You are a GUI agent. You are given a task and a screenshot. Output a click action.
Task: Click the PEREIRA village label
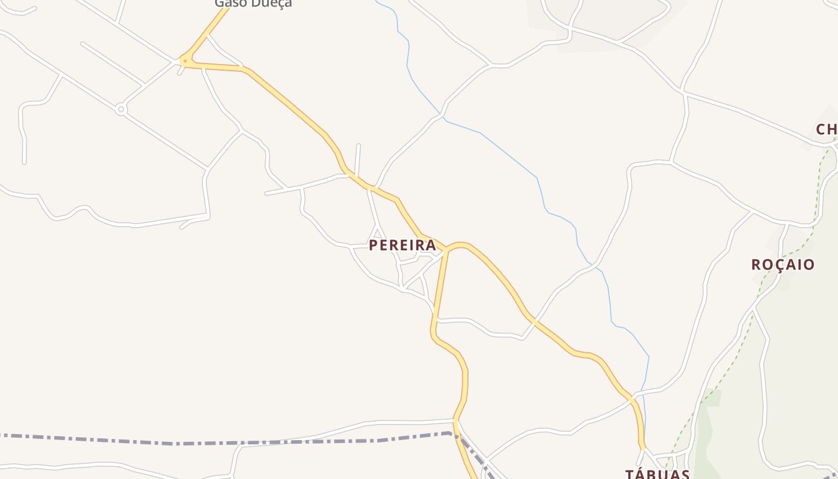click(x=402, y=245)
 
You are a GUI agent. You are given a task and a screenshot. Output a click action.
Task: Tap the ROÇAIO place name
click(x=783, y=265)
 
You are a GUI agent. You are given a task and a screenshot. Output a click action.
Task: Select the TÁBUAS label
click(x=657, y=474)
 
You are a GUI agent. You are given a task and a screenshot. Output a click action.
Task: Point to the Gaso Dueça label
click(x=253, y=4)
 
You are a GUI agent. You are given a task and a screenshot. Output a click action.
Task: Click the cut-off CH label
click(x=826, y=129)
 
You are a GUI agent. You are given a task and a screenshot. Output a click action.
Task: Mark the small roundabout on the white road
click(x=121, y=109)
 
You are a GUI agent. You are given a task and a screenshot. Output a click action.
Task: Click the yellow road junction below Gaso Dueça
click(x=186, y=60)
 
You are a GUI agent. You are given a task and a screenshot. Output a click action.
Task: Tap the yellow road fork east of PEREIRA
click(x=447, y=249)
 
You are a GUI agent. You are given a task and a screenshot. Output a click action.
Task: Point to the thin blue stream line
click(x=509, y=150)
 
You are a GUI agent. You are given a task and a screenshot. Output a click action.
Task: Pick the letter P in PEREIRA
click(x=374, y=245)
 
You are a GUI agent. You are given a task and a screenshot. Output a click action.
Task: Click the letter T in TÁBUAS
click(x=630, y=474)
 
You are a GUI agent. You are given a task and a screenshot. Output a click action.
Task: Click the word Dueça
click(x=272, y=4)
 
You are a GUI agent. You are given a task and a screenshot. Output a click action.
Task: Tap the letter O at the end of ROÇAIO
click(x=809, y=265)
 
